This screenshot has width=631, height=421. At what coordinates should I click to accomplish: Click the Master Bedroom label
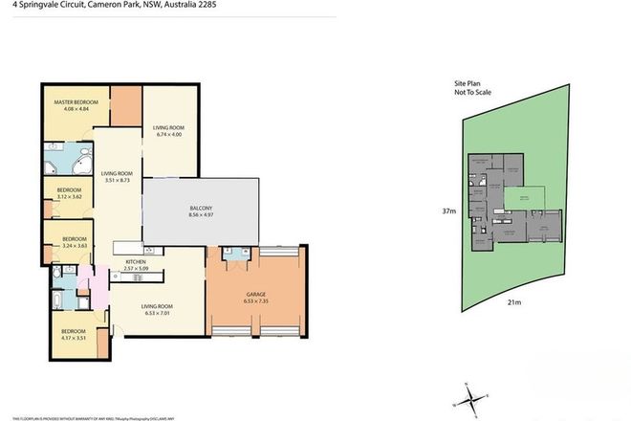(x=71, y=102)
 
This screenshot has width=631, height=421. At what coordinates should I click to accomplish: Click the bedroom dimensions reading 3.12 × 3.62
(x=69, y=196)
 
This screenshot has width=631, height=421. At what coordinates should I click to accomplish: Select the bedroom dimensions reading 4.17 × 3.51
(x=73, y=338)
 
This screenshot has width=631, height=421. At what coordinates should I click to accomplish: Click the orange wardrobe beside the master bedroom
(x=124, y=101)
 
